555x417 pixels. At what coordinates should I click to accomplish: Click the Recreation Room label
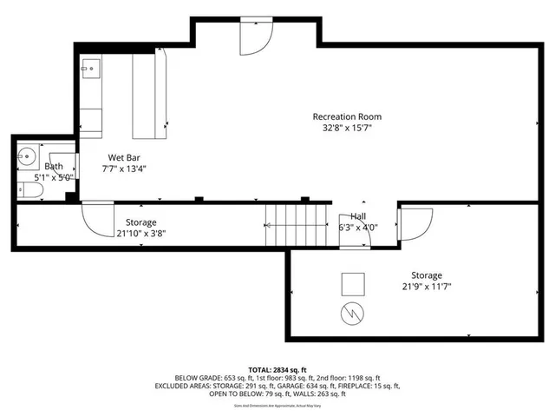347,116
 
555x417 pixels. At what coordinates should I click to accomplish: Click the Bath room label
54,166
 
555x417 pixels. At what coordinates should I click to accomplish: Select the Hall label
357,216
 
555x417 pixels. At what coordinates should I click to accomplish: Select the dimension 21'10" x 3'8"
140,234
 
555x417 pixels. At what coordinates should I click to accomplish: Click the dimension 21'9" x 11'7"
426,287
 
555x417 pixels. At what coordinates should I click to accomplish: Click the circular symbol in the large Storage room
352,313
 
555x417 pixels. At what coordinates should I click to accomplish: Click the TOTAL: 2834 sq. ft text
277,369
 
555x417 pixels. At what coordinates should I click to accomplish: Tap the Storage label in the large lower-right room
426,275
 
